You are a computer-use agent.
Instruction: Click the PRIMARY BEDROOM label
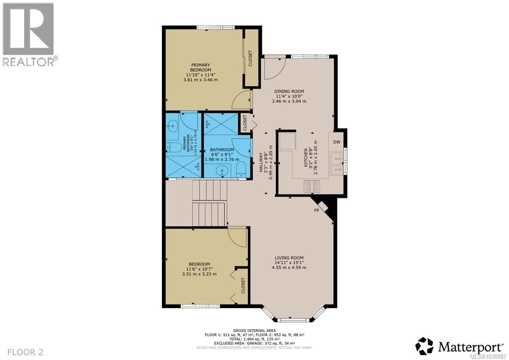(200, 67)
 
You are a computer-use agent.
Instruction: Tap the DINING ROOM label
(289, 91)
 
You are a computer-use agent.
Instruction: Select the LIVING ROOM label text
(288, 257)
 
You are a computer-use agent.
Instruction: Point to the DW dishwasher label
(337, 142)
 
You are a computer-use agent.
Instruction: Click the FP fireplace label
(316, 210)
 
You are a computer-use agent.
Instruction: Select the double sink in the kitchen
(338, 164)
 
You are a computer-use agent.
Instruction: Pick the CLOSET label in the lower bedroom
(243, 286)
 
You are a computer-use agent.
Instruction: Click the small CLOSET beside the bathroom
(245, 123)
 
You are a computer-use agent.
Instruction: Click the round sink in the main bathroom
(222, 171)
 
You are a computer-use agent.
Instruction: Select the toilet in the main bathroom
(240, 169)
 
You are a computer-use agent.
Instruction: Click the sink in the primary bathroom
(172, 126)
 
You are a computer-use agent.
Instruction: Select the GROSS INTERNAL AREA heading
(255, 330)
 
